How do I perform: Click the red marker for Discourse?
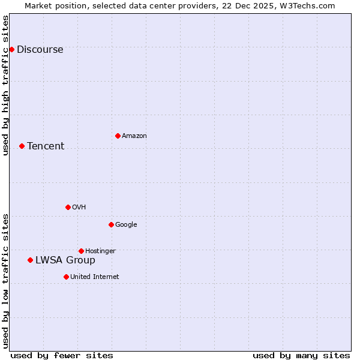click(x=11, y=49)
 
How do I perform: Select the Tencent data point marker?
click(x=22, y=146)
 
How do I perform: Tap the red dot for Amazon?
click(x=118, y=136)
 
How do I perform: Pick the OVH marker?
click(x=68, y=207)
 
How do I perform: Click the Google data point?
click(x=111, y=224)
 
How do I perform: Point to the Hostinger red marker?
click(x=81, y=251)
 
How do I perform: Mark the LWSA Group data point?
click(x=30, y=260)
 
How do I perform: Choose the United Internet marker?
click(x=66, y=277)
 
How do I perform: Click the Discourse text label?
click(x=40, y=50)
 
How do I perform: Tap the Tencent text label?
click(x=46, y=146)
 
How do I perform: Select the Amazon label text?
click(x=134, y=136)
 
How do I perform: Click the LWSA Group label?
click(x=65, y=260)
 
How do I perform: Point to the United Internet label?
click(x=94, y=277)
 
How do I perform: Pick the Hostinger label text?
click(x=100, y=251)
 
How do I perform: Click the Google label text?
click(x=126, y=225)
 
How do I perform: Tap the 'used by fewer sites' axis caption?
click(x=62, y=355)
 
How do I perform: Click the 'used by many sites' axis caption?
click(x=301, y=355)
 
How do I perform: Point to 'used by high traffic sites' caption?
click(x=5, y=85)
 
